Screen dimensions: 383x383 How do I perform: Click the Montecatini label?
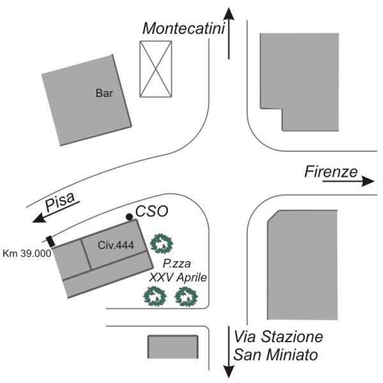pos(183,28)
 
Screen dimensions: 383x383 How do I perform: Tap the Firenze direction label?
pos(331,172)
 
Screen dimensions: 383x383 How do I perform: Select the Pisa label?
pos(60,201)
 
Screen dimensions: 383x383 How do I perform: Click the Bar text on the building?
pos(104,93)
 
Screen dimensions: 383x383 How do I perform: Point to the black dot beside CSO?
pos(129,216)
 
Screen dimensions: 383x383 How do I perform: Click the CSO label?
pos(152,211)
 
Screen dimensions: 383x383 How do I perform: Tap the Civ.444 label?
pos(116,245)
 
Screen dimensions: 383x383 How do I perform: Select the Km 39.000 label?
pos(27,253)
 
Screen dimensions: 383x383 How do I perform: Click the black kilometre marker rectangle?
pos(50,241)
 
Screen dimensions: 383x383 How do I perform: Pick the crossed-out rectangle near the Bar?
pos(156,69)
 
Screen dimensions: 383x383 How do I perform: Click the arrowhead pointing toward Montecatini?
pos(229,14)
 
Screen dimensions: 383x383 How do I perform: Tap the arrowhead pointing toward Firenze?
pos(368,181)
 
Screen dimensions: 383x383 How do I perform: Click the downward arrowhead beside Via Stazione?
pos(229,372)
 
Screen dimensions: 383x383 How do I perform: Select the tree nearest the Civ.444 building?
pos(161,244)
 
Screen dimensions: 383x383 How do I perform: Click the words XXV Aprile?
pos(178,278)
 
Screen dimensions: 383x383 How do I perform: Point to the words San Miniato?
pos(276,355)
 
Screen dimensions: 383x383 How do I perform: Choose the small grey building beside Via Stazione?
pos(173,347)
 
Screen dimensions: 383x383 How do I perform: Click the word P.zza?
pos(177,264)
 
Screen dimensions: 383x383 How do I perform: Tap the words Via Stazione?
pos(278,336)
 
